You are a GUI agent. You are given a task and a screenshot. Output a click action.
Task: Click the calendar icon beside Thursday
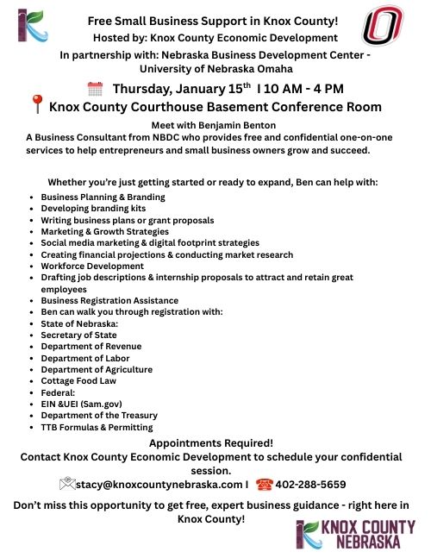click(x=96, y=88)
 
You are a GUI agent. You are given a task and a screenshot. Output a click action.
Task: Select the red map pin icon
click(x=36, y=106)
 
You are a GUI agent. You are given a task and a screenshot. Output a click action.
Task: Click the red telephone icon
click(x=265, y=484)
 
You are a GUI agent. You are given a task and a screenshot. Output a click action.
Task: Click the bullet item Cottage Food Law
click(x=78, y=380)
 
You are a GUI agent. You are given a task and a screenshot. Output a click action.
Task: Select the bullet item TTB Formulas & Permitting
click(x=97, y=427)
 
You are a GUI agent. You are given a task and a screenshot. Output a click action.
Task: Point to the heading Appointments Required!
click(x=211, y=443)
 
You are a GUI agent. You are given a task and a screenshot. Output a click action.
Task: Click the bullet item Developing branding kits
click(x=93, y=209)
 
